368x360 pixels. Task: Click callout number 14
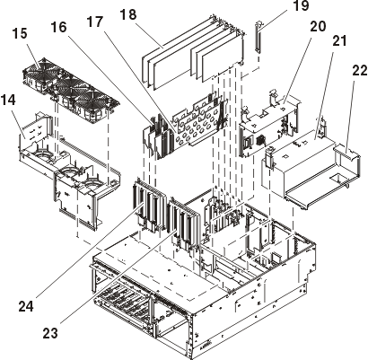8,101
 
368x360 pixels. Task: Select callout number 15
20,33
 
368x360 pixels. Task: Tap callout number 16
58,27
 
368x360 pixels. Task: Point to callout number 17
95,22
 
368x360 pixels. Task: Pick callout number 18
128,14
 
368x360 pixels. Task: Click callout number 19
300,6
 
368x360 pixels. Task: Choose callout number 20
318,27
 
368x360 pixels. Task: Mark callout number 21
338,40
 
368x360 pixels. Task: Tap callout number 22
360,71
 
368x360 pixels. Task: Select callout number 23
50,333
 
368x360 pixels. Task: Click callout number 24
26,306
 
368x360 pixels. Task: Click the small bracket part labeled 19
258,37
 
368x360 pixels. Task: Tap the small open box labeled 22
346,166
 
